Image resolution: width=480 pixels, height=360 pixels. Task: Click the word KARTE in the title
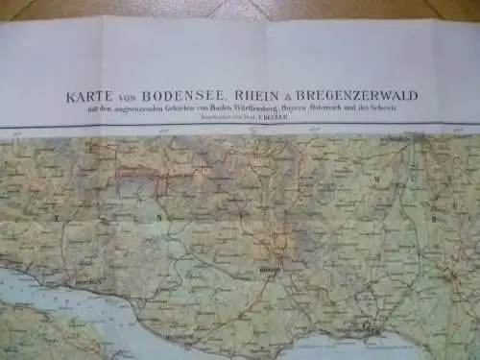pos(82,97)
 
